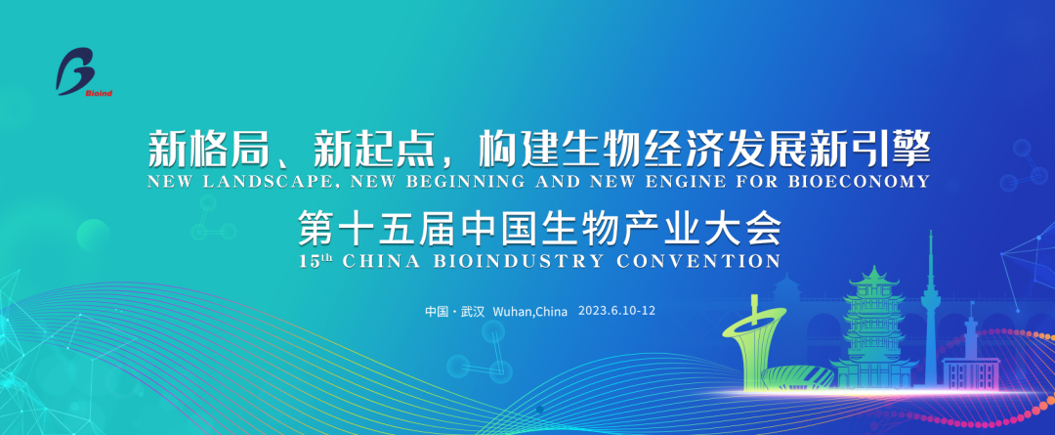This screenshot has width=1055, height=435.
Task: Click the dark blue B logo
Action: click(x=75, y=70)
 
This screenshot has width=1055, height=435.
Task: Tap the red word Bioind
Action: click(x=99, y=94)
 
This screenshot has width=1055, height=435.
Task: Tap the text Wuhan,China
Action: click(x=530, y=312)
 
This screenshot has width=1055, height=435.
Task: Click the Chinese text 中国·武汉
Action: click(x=455, y=312)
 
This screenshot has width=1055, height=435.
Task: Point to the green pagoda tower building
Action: click(x=873, y=330)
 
